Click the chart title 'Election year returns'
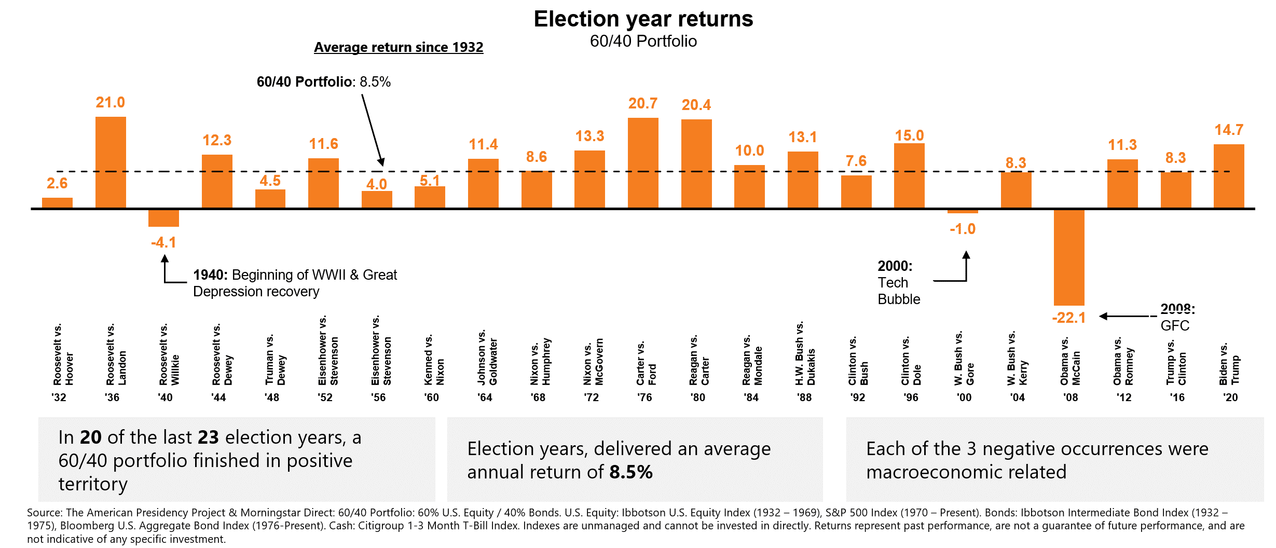point(643,19)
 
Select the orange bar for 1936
point(111,162)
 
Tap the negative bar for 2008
point(1069,257)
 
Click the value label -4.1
point(163,242)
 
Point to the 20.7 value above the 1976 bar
point(643,103)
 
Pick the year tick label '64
point(485,398)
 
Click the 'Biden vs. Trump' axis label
point(1229,363)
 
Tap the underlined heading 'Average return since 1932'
point(399,47)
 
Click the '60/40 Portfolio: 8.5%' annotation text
point(323,82)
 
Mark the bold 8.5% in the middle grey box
point(631,472)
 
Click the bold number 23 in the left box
point(208,437)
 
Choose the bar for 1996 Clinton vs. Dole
point(909,175)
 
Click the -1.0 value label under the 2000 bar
point(963,229)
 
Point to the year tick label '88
point(804,398)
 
